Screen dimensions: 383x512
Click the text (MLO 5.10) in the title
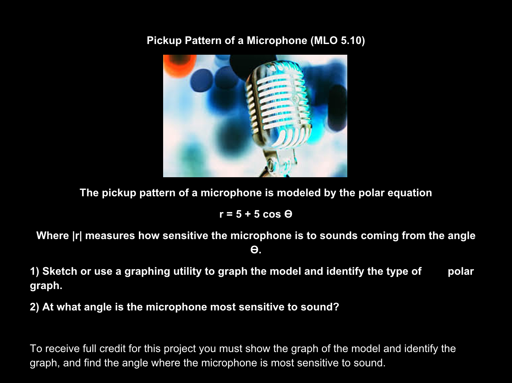[338, 40]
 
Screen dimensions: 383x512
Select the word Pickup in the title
[164, 40]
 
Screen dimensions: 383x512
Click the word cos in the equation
[271, 214]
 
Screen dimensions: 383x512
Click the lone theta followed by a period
[254, 250]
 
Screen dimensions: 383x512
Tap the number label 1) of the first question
[35, 271]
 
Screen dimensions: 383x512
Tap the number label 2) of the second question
[35, 307]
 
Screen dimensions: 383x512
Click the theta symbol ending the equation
[289, 214]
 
